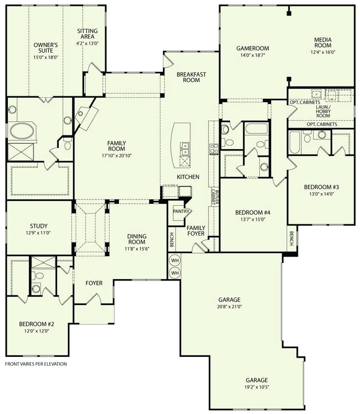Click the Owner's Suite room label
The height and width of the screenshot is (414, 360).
click(x=45, y=48)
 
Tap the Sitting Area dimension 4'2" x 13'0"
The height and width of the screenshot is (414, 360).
click(x=88, y=44)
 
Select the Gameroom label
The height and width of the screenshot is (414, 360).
click(x=253, y=48)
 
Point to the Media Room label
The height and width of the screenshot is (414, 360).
click(x=323, y=43)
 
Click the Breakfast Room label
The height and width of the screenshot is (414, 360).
click(x=191, y=77)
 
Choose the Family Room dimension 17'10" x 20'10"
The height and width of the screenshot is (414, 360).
click(x=117, y=156)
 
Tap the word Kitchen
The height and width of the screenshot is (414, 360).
click(x=188, y=177)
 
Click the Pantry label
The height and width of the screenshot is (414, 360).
click(x=181, y=211)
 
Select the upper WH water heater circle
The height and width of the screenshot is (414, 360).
click(x=175, y=261)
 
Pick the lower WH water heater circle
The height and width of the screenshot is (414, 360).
click(x=175, y=273)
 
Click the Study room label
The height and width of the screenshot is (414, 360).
click(x=39, y=226)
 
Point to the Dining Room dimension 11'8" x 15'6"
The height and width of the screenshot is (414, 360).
click(x=137, y=249)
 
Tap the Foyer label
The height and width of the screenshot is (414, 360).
click(x=94, y=283)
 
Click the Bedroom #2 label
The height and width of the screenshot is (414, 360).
click(x=37, y=324)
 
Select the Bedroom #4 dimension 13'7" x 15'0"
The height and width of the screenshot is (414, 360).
click(x=253, y=219)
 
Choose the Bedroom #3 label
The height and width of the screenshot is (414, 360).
click(x=321, y=187)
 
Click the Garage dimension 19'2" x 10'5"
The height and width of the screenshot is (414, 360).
click(x=257, y=387)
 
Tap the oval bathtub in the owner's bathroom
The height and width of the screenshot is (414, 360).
click(x=22, y=131)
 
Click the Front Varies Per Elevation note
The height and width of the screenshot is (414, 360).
click(x=36, y=364)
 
